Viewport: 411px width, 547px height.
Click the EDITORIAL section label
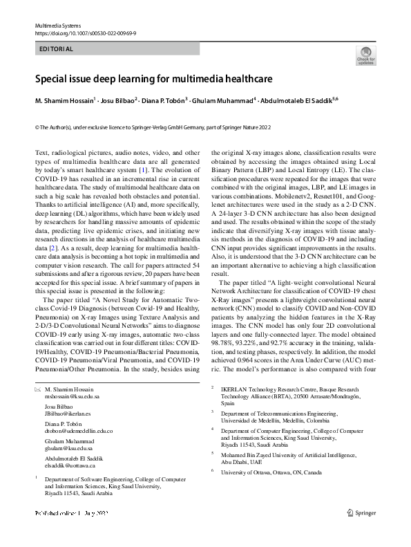pos(55,49)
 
